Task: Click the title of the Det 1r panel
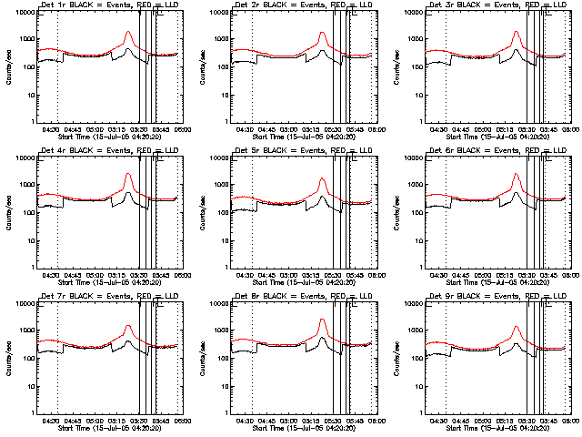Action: pos(109,6)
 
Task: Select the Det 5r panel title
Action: pos(303,152)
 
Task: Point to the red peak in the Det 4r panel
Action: pos(128,174)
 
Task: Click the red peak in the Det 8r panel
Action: pos(323,320)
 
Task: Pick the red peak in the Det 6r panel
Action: pos(517,175)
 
